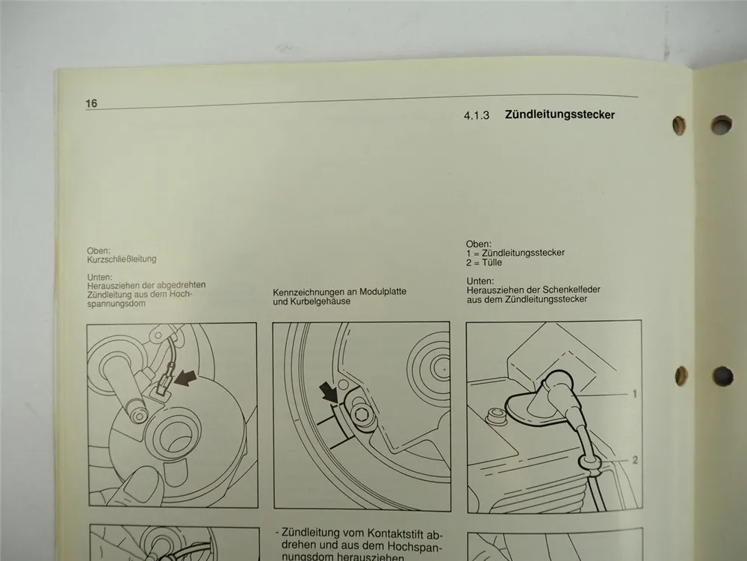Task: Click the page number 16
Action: click(91, 104)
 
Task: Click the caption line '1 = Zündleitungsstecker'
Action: click(515, 254)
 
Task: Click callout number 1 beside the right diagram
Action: click(633, 393)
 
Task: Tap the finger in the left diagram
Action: click(142, 490)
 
